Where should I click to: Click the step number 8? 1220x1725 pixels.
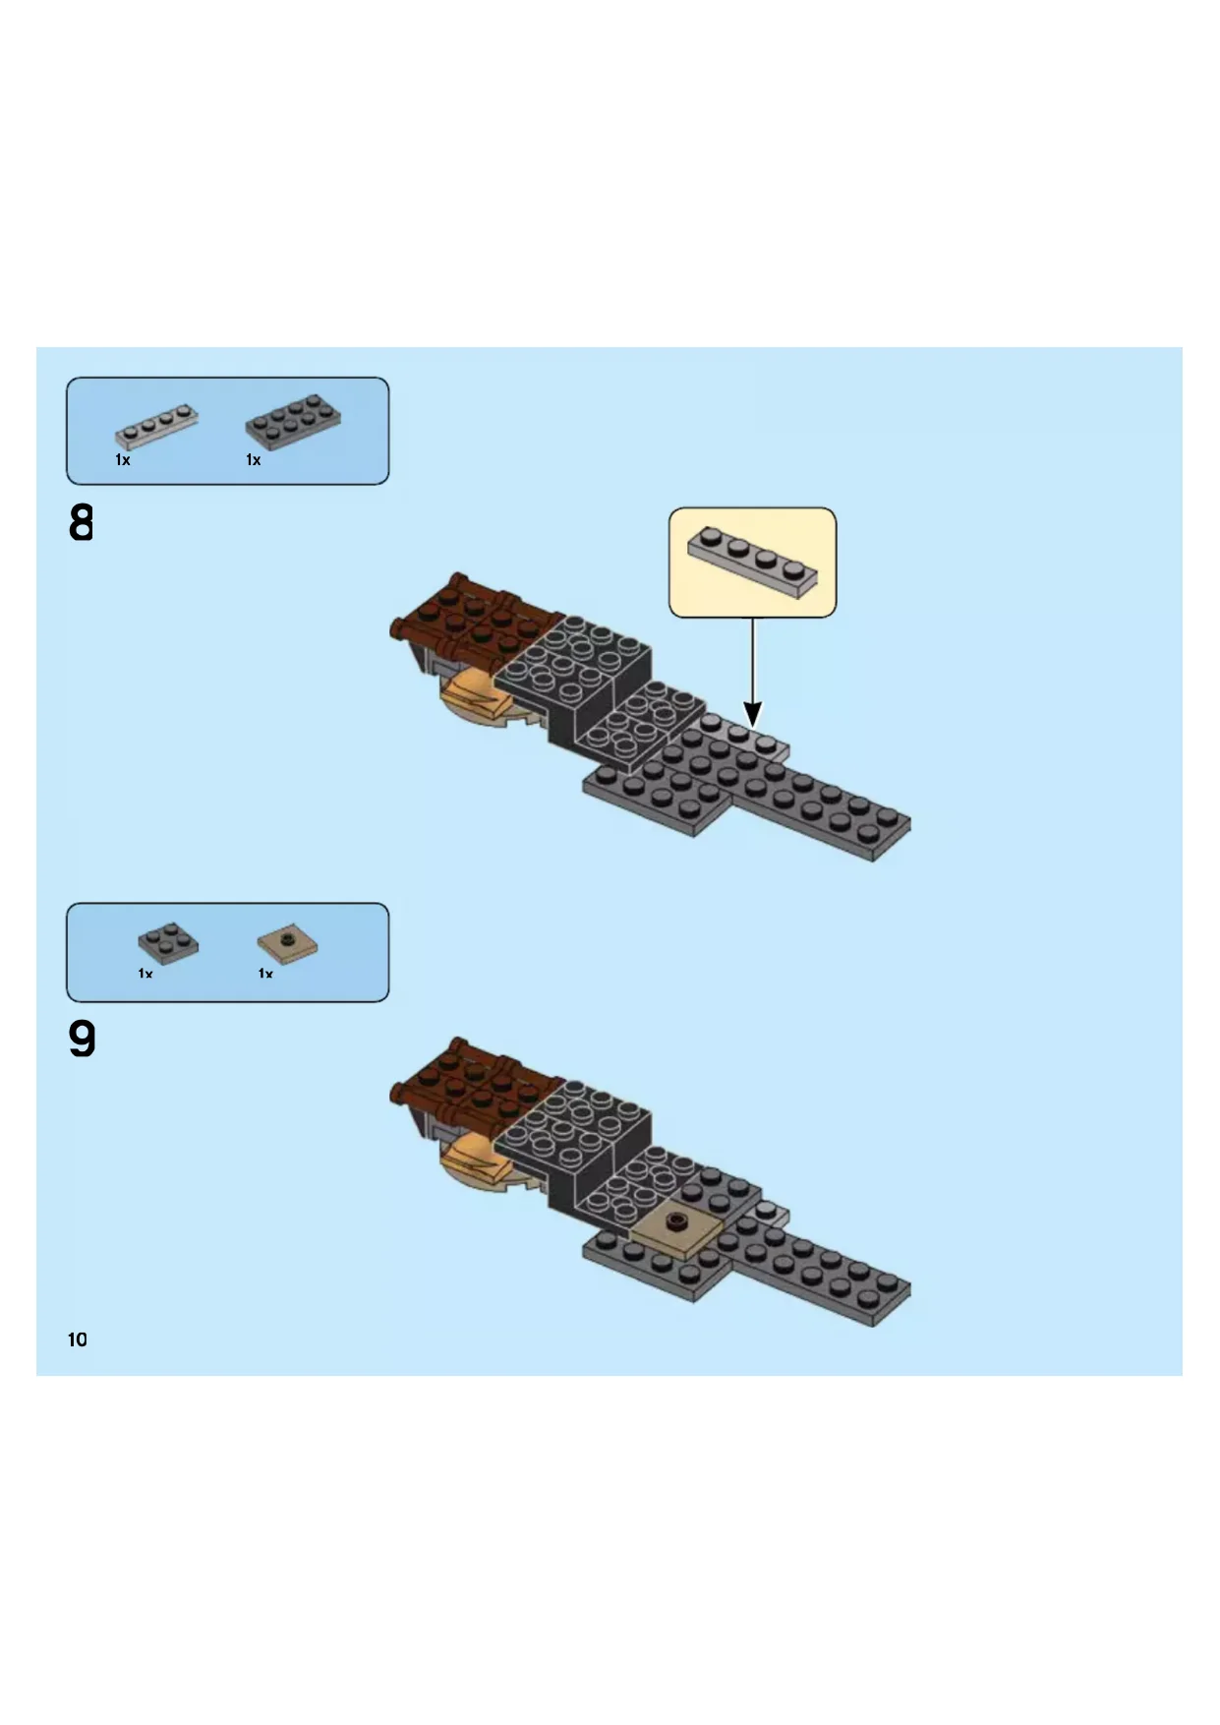point(82,523)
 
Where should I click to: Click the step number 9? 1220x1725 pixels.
point(83,1040)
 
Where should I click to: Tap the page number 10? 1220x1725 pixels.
point(78,1339)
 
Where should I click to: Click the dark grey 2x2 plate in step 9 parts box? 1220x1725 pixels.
point(168,943)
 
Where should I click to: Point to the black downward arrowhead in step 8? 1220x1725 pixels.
point(753,714)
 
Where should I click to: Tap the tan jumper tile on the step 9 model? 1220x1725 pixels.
point(675,1228)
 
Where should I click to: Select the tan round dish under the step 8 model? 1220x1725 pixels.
point(482,699)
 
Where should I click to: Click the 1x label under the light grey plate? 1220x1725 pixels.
point(123,460)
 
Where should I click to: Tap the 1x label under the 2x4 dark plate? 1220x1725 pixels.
point(254,460)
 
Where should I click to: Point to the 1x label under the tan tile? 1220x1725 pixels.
point(265,974)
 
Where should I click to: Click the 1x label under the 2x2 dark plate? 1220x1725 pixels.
point(145,974)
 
